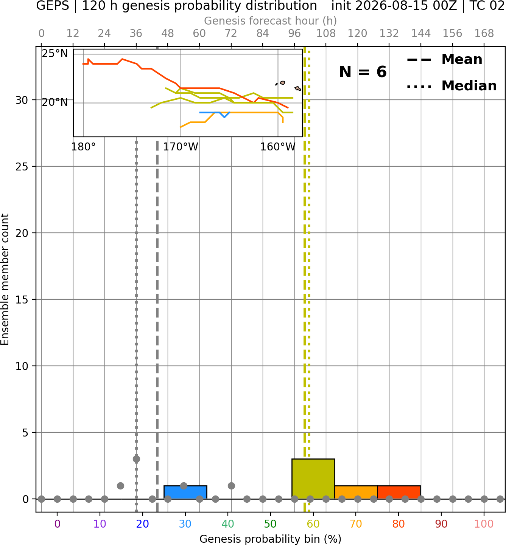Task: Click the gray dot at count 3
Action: (x=136, y=459)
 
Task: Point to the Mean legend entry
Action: (x=444, y=60)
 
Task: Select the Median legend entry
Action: (x=452, y=86)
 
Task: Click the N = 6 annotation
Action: (x=363, y=72)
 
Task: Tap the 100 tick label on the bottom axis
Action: (x=484, y=524)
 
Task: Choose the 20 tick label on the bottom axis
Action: (x=142, y=524)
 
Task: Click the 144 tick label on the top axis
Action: (x=420, y=34)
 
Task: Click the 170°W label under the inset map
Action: (x=180, y=147)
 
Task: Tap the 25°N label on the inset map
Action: (x=55, y=54)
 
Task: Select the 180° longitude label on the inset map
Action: (x=83, y=147)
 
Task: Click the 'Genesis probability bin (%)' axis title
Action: (x=271, y=539)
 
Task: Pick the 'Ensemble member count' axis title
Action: (x=5, y=279)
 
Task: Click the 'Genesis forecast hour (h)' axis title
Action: (x=271, y=21)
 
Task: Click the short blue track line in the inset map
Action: (x=215, y=113)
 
